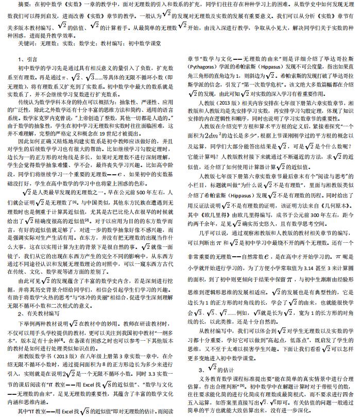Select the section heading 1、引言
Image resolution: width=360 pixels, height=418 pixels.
coord(27,60)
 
